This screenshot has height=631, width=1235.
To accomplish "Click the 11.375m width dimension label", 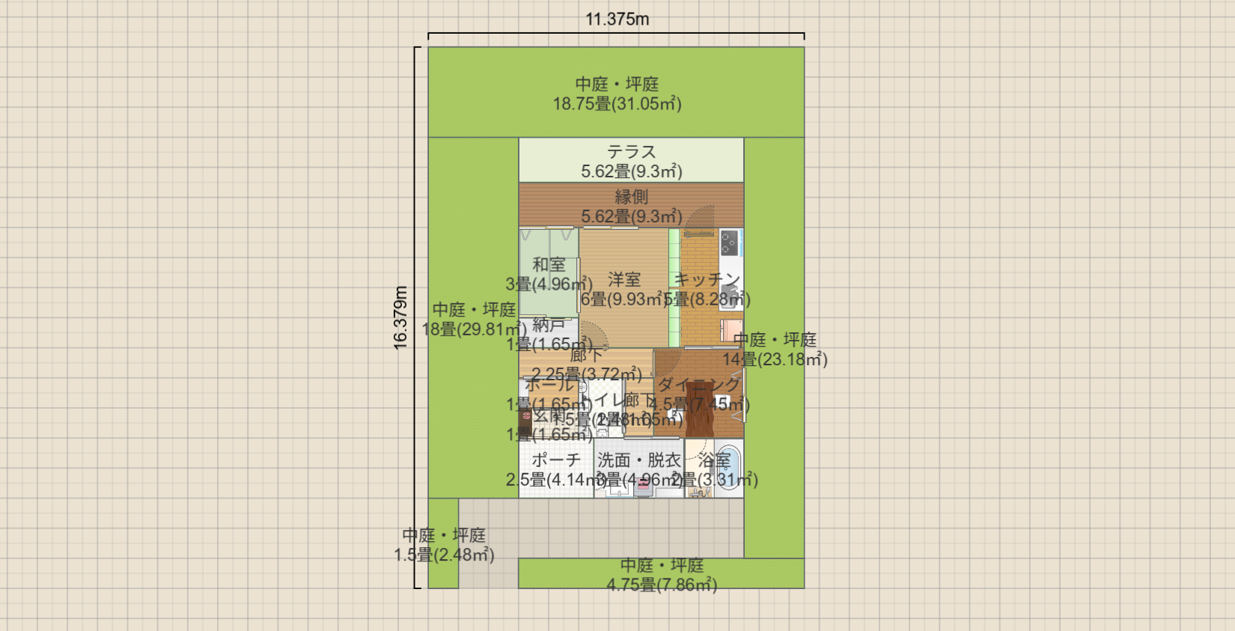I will point(617,19).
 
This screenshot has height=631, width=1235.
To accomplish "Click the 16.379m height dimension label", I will point(401,317).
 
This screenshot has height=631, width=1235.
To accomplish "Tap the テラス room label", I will point(631,152).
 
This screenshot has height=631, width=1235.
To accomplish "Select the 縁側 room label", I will point(631,197).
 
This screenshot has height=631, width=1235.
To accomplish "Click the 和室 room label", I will point(549,264).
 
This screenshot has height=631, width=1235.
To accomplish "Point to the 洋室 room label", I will point(623,279).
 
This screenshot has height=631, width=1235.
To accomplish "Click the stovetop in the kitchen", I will point(729,243).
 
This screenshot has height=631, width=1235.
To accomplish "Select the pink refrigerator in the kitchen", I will point(731,330).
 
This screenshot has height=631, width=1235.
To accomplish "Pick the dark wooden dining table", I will point(701,409).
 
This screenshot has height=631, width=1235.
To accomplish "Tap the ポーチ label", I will point(556,460).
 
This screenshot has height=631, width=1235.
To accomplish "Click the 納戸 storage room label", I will point(549,325).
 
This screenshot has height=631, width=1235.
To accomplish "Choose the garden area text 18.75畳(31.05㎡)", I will point(617,104).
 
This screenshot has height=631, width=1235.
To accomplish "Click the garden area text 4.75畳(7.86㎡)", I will point(662,585).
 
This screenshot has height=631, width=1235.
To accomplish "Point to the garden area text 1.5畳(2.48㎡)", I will point(444,555).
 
